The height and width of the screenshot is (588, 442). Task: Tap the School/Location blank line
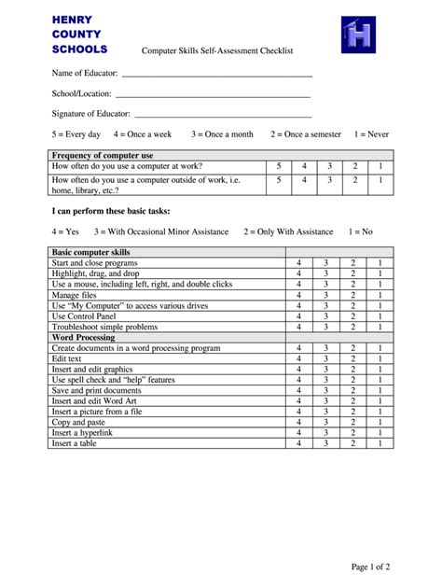coord(212,95)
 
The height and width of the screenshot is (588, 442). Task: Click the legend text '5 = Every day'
coord(76,134)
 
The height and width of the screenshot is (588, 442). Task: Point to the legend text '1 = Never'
coord(371,134)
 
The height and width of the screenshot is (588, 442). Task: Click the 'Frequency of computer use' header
coord(103,155)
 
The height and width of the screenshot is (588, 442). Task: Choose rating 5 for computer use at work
coord(279,166)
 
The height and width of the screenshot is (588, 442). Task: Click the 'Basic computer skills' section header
coord(91,253)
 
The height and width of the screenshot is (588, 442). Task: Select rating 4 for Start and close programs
coord(298,264)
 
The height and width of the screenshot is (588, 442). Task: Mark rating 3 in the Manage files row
coord(326,295)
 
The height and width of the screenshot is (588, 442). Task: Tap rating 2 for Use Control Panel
coord(353,316)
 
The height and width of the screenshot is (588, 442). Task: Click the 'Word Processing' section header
coord(83,337)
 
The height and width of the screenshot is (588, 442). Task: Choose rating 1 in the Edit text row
coord(380,358)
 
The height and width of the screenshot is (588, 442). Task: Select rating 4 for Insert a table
coord(298,442)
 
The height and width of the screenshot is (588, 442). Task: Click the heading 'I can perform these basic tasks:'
coord(111,211)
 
